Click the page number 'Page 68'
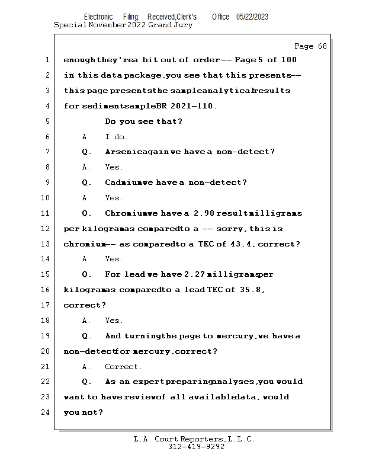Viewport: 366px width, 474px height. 310,46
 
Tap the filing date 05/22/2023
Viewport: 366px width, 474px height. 252,17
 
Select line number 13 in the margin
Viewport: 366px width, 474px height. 46,244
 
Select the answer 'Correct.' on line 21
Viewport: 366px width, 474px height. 123,367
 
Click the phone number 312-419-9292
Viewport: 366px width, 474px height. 196,447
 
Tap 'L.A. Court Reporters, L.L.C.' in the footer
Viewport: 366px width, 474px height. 194,439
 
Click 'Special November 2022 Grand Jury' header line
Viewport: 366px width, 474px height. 123,25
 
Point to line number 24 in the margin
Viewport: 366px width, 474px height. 46,412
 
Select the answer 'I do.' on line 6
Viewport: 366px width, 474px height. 116,137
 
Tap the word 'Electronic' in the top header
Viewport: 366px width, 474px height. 98,17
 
